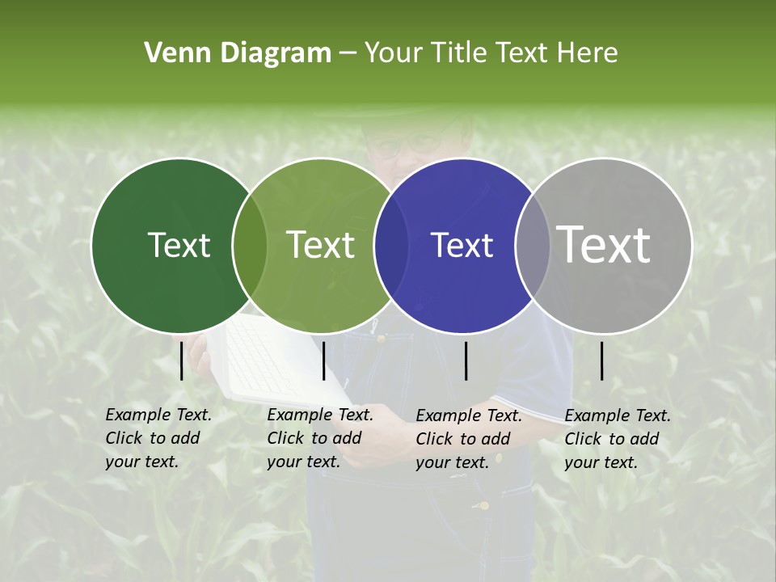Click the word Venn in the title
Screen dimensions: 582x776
point(171,53)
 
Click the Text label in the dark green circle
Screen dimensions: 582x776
point(179,245)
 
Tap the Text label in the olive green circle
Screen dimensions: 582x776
point(321,245)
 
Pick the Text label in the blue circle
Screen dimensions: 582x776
point(462,245)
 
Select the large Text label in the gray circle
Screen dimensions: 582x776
point(604,244)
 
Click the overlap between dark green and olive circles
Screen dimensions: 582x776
point(250,245)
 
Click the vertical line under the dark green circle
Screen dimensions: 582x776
point(181,361)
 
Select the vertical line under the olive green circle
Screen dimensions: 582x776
point(323,361)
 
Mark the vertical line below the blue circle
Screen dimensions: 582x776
point(466,361)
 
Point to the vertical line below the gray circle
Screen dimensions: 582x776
point(601,361)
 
